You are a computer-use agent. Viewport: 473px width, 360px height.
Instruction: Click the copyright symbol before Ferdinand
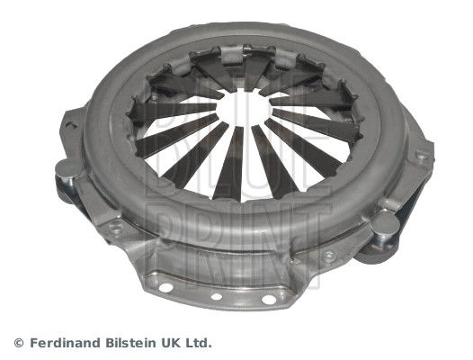click(x=19, y=343)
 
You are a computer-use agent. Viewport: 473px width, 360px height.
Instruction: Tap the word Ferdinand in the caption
click(x=64, y=343)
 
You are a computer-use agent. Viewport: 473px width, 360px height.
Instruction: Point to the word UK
click(x=174, y=343)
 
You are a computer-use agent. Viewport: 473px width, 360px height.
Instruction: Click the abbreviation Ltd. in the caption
click(x=201, y=343)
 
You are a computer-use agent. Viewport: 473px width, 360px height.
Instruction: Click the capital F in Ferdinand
click(x=31, y=343)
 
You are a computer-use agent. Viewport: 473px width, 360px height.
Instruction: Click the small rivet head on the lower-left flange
click(x=114, y=229)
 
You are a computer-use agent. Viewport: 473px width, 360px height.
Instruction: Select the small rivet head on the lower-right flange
click(x=328, y=257)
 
